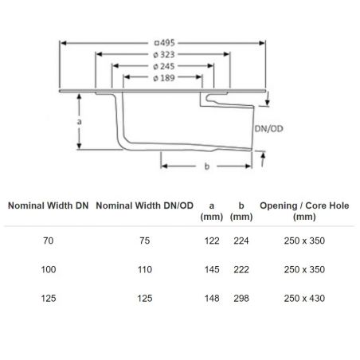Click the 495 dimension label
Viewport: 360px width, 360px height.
[165, 43]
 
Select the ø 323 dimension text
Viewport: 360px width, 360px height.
[164, 55]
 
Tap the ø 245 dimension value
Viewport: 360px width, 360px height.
[164, 66]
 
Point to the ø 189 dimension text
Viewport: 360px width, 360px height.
[164, 78]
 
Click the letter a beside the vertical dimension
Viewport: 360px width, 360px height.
[79, 122]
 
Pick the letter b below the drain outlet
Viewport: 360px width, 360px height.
[207, 166]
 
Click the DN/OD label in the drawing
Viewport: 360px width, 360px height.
[268, 129]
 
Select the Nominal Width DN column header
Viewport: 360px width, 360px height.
[49, 205]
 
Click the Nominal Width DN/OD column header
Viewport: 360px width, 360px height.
[145, 205]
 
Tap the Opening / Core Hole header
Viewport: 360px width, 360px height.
[304, 211]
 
